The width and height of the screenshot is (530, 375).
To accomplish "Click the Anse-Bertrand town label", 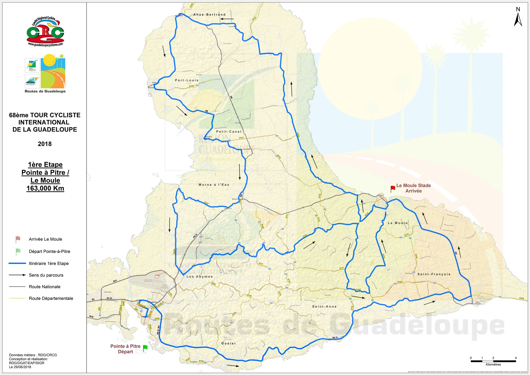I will click(x=209, y=15).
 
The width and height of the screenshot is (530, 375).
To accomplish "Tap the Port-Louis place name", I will click(x=187, y=80).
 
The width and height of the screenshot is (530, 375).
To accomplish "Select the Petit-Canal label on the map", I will click(x=229, y=132).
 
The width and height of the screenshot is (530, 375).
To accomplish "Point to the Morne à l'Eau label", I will click(x=214, y=185).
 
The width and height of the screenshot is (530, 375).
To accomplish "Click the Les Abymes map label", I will click(x=200, y=277).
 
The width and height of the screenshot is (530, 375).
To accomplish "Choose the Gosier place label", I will click(x=228, y=343).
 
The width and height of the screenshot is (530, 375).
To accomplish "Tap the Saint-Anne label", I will click(x=324, y=307).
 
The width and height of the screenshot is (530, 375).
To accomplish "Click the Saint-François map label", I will click(x=434, y=274).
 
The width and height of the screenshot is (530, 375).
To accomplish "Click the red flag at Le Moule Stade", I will click(x=393, y=189).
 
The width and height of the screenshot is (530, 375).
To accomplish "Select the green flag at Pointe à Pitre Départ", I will click(x=145, y=348).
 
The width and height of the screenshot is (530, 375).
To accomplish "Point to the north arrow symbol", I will click(x=518, y=18).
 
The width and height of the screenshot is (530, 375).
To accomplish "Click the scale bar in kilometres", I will click(x=493, y=361).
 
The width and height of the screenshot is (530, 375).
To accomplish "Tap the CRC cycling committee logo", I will click(x=45, y=32).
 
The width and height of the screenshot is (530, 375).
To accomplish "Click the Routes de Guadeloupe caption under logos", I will click(x=45, y=91).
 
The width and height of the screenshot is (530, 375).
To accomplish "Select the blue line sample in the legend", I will click(x=17, y=263).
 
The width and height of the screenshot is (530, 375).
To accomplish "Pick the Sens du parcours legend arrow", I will click(x=17, y=275).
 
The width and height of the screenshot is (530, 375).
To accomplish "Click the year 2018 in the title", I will click(x=45, y=144).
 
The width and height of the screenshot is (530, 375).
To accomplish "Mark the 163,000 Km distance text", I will click(x=45, y=188).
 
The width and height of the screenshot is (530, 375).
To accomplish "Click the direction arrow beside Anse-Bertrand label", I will click(x=227, y=19).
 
